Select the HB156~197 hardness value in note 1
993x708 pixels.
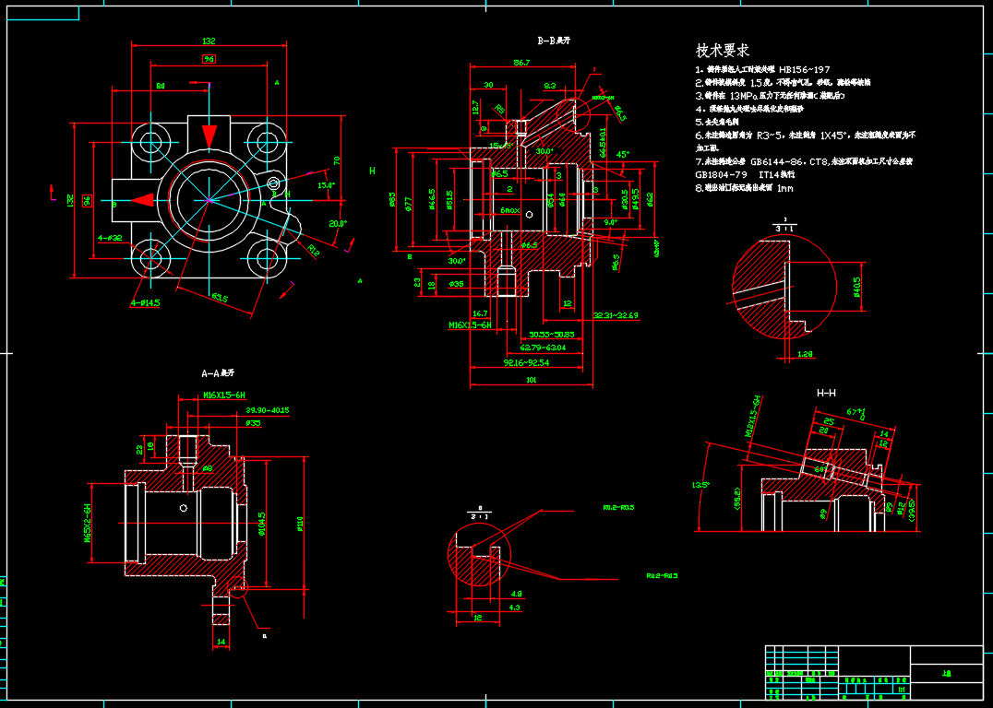coord(804,69)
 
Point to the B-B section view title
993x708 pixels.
coord(554,41)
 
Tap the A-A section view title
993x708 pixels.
coord(218,374)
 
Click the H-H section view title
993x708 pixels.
coord(826,393)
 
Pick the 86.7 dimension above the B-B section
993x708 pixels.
coord(521,63)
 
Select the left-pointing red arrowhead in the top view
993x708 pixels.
coord(143,199)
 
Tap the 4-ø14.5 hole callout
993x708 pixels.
coord(146,301)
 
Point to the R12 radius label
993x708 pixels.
coord(314,250)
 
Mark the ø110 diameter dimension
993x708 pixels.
coord(300,524)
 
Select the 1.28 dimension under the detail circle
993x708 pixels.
coord(805,353)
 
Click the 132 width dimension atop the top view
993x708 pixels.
coord(209,41)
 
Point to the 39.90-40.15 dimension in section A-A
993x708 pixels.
coord(268,410)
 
